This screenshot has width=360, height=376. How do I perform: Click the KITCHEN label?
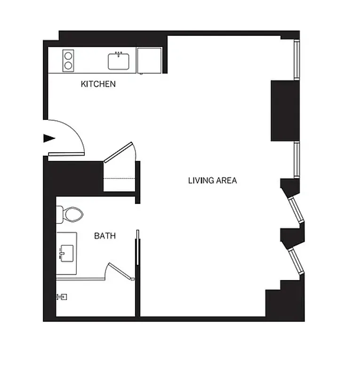[x=98, y=84]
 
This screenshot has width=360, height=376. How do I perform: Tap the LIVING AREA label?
[x=212, y=180]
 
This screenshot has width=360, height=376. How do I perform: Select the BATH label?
[x=105, y=236]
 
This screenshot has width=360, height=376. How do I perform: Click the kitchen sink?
[x=119, y=61]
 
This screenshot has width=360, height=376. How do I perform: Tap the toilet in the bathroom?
[x=72, y=215]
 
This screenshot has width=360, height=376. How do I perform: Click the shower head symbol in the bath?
[x=62, y=297]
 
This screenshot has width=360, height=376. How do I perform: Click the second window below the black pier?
[x=297, y=159]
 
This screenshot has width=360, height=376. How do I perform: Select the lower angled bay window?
[x=297, y=261]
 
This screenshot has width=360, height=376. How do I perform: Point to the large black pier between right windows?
[x=285, y=110]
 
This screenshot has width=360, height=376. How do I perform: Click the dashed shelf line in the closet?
[x=120, y=179]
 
